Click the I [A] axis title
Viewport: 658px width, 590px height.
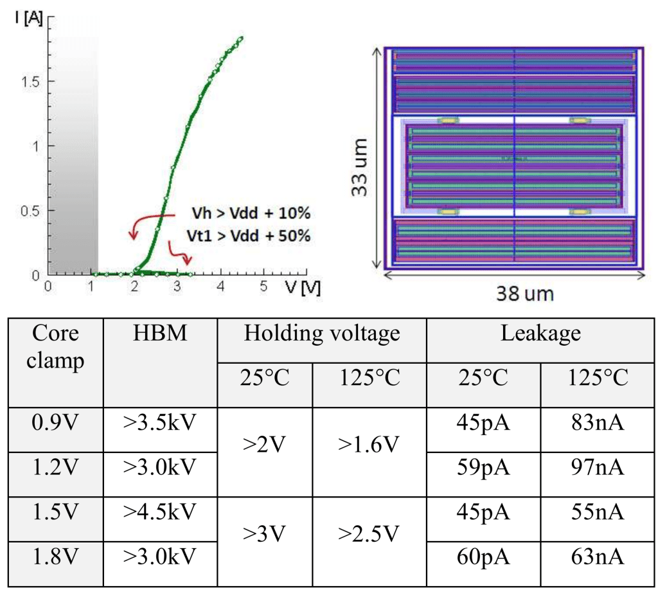(29, 19)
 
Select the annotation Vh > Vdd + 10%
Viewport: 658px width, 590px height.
(253, 213)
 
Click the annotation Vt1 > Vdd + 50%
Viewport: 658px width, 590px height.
(253, 236)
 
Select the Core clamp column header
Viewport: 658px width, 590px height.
(57, 347)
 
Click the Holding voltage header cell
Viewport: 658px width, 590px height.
(321, 334)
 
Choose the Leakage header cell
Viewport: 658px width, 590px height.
(540, 334)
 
